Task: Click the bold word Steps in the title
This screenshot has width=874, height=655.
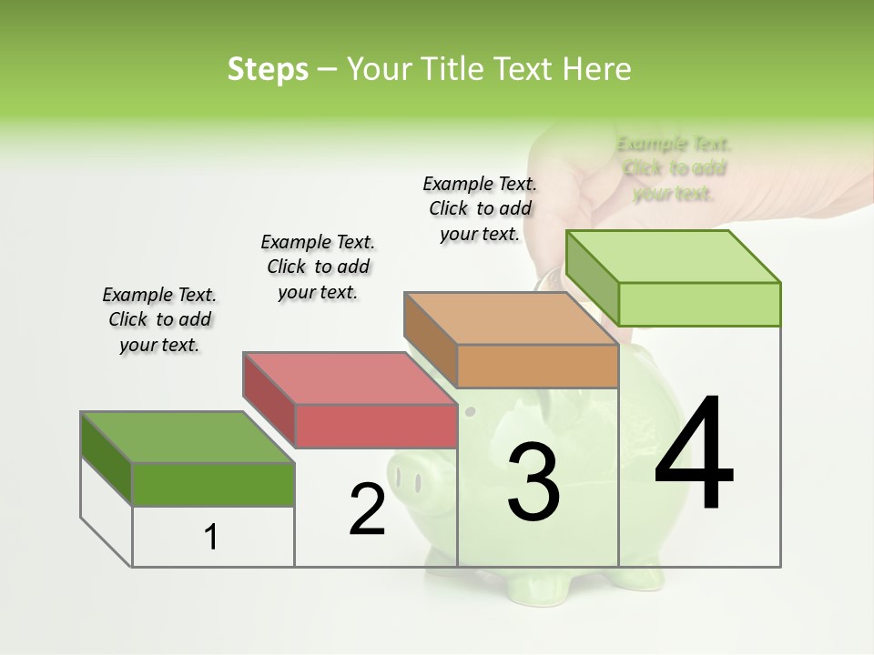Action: click(x=268, y=69)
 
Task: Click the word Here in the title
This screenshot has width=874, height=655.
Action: click(x=596, y=69)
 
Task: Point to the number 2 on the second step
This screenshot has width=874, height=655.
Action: click(x=367, y=509)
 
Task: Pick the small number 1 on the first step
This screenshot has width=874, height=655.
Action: click(x=211, y=537)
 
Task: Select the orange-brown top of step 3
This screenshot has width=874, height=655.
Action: click(x=510, y=317)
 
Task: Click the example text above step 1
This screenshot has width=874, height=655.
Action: click(x=159, y=319)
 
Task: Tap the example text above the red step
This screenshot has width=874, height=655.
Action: click(x=318, y=267)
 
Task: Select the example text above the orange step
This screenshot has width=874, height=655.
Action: click(x=480, y=208)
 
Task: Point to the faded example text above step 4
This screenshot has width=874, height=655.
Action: click(x=674, y=168)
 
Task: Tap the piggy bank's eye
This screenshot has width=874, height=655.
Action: click(x=470, y=412)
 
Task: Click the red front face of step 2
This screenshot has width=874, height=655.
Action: click(x=376, y=426)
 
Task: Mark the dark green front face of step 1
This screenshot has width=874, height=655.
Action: click(x=213, y=484)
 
